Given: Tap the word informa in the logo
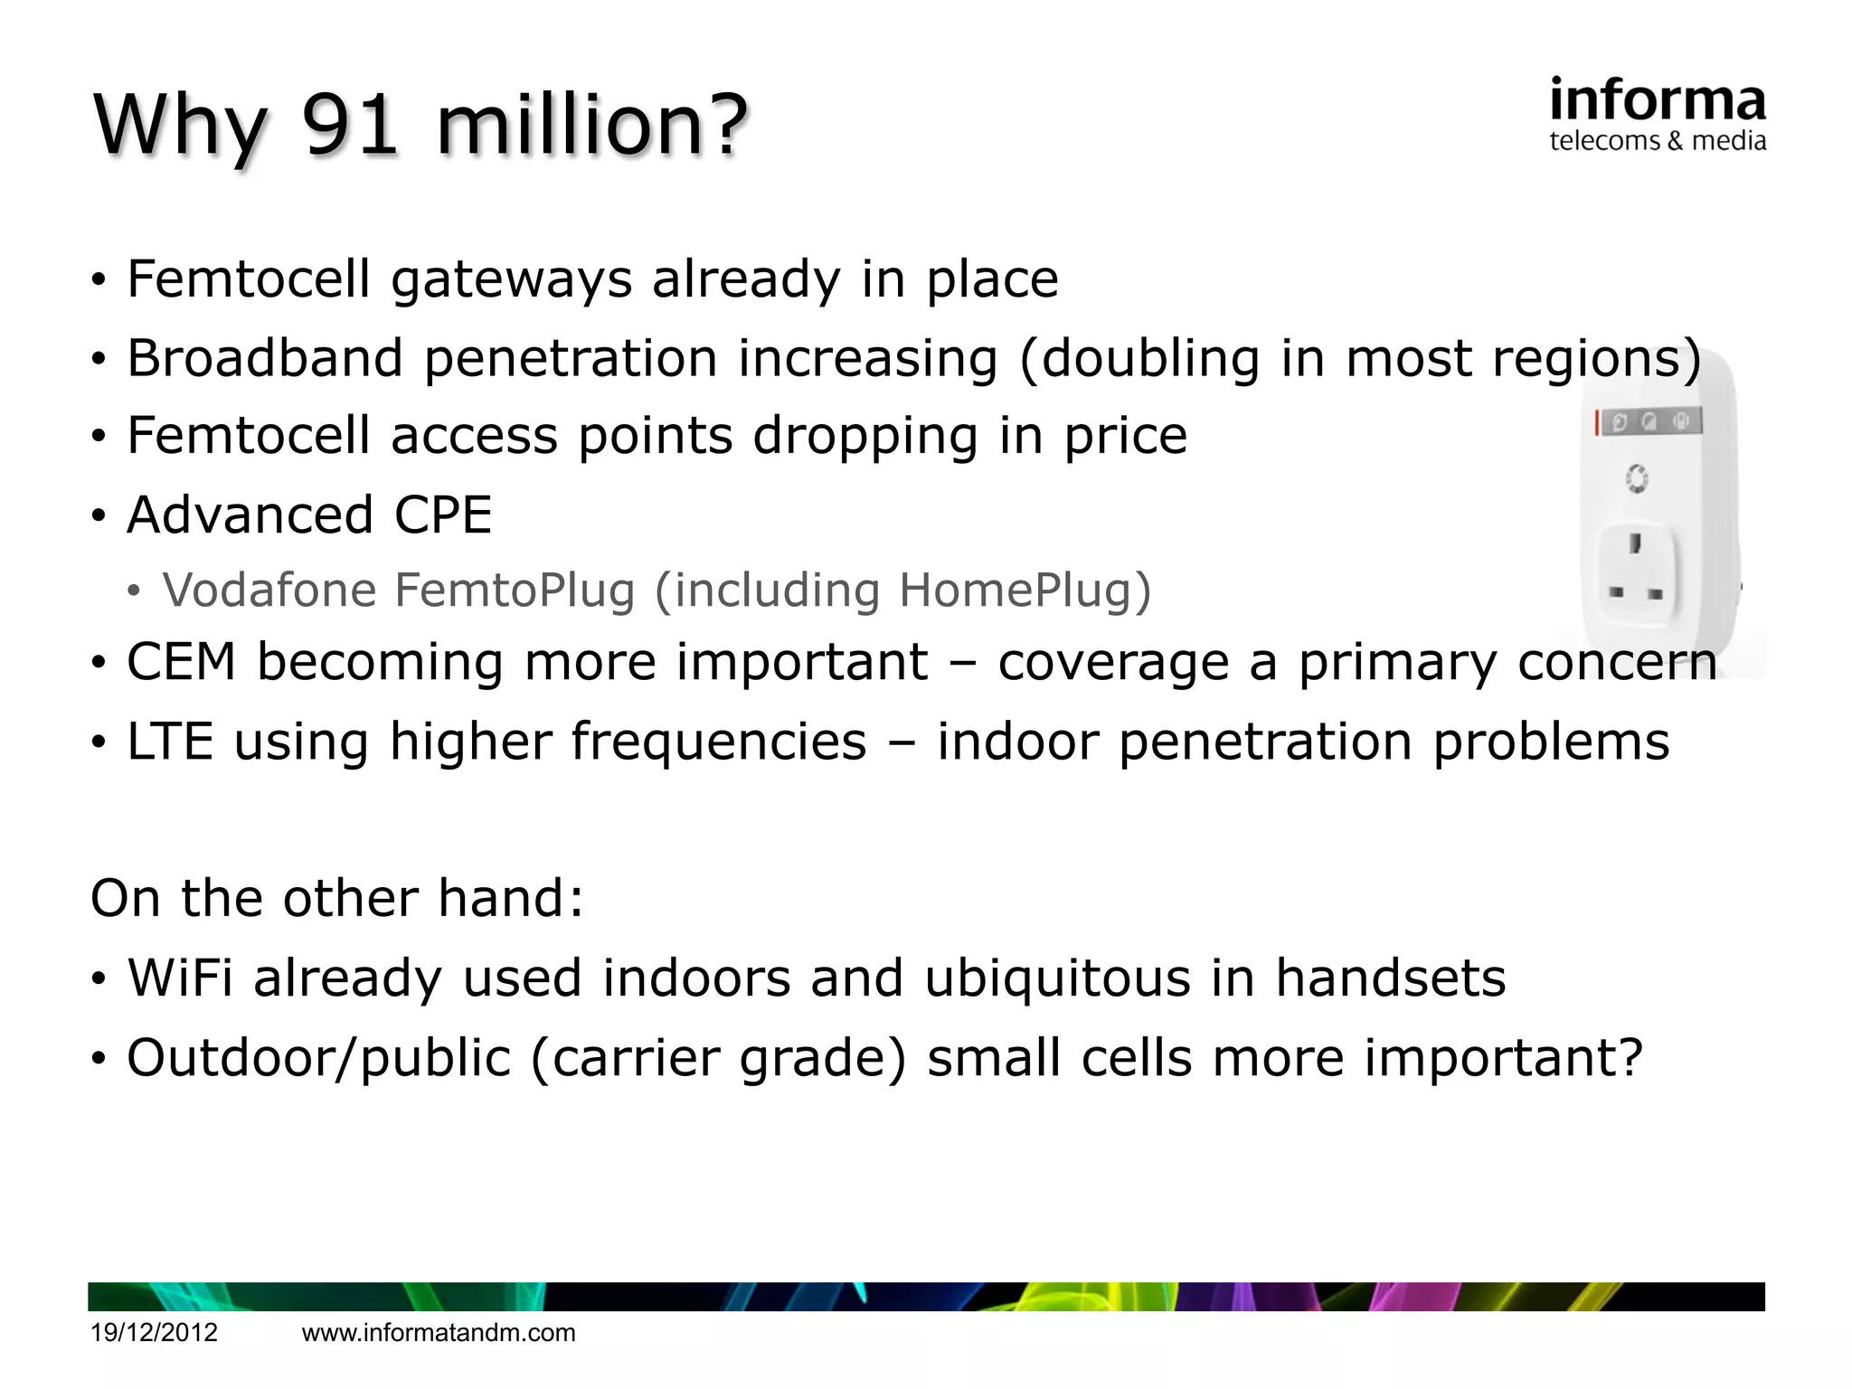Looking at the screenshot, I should tap(1657, 100).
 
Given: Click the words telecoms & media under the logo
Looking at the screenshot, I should tap(1657, 141).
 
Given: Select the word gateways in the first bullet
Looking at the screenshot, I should tap(511, 279).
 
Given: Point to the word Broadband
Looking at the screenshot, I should tap(264, 358).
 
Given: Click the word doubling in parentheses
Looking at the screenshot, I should tap(1150, 358).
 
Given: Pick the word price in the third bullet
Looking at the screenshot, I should tap(1124, 437).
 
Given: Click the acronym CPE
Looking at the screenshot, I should tap(442, 515).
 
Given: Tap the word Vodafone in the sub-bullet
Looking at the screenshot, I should tap(269, 591).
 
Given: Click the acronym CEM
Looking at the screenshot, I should tap(181, 662).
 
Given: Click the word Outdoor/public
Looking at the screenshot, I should tap(318, 1058).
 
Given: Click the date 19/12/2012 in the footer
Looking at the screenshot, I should tap(154, 1333).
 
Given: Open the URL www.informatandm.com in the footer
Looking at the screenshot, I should tap(438, 1333).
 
